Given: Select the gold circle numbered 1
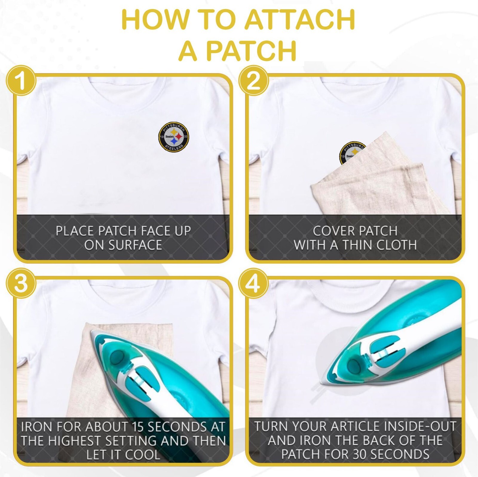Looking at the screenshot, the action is point(21,81).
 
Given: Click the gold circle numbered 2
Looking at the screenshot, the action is point(254,81).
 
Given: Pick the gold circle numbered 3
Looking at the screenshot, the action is point(21,283).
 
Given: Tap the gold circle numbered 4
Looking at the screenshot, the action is point(254,283).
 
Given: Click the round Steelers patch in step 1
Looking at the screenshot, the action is point(174,137).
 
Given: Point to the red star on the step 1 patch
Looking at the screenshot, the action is point(179,136).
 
